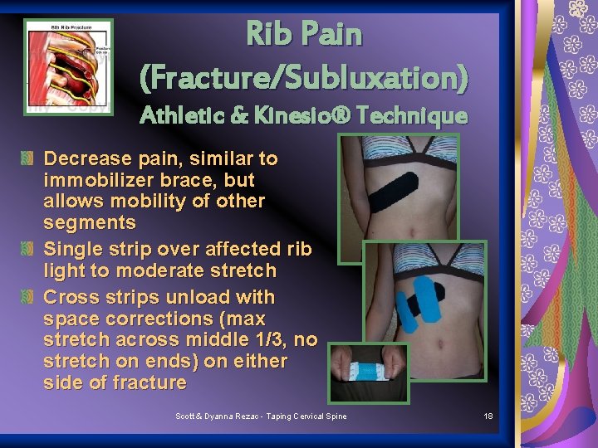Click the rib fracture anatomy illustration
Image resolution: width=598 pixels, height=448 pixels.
68,66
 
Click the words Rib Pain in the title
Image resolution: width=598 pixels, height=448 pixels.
304,35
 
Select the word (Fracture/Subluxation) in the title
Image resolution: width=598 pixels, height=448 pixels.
304,78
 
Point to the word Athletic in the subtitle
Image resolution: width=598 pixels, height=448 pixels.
180,116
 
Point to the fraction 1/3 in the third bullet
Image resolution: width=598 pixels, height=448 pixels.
271,340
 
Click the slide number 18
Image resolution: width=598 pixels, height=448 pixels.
488,416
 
